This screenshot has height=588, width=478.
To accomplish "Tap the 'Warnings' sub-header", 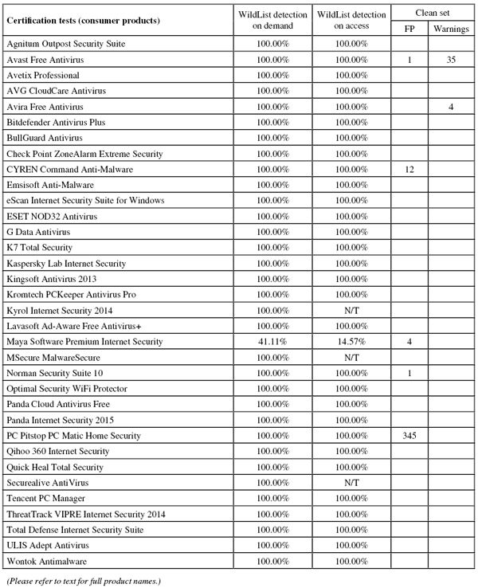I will tap(451, 29).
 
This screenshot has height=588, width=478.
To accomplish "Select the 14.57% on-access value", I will tap(352, 342).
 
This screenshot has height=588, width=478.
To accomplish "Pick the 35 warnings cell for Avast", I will tap(451, 60).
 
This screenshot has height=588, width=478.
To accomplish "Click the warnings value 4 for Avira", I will tap(451, 107).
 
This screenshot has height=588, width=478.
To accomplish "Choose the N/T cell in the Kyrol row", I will tap(352, 311).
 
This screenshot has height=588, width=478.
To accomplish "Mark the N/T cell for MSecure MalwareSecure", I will tap(352, 358).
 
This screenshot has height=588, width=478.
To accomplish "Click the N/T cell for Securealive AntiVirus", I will tap(352, 483).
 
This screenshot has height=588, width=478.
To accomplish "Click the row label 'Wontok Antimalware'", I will tap(47, 561).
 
